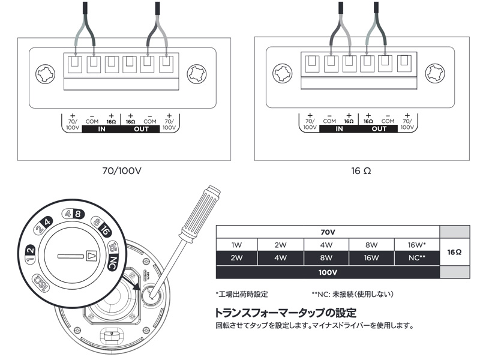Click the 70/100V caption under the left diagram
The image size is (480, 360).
click(122, 170)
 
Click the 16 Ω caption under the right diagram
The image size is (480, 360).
click(361, 170)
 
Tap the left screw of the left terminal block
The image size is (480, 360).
click(47, 75)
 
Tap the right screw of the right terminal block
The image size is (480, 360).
click(435, 75)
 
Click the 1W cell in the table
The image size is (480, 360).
click(236, 245)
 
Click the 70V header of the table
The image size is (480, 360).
click(328, 232)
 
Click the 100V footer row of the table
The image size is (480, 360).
click(328, 272)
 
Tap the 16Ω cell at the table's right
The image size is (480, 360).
click(454, 252)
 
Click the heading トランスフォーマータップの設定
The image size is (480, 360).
click(286, 313)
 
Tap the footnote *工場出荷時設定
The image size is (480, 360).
click(242, 295)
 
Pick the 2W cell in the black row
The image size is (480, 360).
click(236, 258)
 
